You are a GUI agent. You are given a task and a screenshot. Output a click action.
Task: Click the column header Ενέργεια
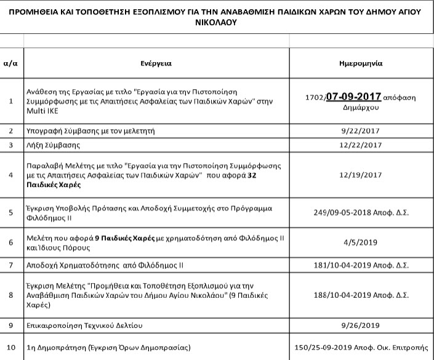pyautogui.click(x=156, y=63)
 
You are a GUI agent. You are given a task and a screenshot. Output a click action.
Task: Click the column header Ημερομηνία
pyautogui.click(x=361, y=63)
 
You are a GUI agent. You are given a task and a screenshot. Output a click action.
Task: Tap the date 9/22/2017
pyautogui.click(x=361, y=131)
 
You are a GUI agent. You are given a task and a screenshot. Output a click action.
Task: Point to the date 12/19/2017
pyautogui.click(x=361, y=175)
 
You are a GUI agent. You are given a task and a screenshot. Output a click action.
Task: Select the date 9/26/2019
pyautogui.click(x=361, y=324)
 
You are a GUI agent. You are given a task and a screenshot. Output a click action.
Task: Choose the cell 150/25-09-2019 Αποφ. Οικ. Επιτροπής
pyautogui.click(x=361, y=346)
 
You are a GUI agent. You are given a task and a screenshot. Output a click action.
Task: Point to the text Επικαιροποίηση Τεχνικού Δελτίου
pyautogui.click(x=83, y=324)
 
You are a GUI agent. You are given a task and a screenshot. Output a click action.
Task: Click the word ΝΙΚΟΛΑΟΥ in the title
pyautogui.click(x=217, y=22)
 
